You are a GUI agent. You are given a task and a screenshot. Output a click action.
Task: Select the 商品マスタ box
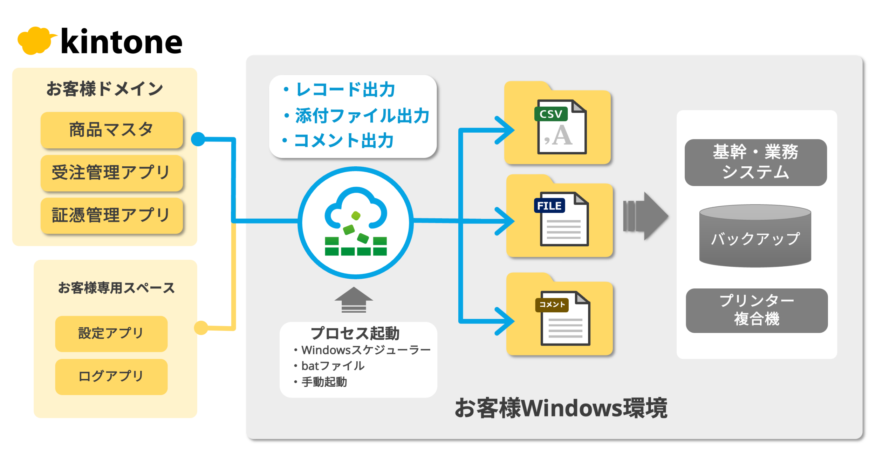111,130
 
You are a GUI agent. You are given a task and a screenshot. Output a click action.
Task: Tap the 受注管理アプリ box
111,173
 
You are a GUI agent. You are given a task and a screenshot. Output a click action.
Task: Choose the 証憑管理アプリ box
111,215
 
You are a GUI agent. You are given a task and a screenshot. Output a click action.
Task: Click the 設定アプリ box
111,333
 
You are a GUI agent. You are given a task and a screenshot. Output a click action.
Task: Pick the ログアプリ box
111,377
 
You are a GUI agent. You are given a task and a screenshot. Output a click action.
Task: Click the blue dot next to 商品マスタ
198,139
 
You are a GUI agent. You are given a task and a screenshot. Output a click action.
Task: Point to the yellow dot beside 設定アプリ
201,328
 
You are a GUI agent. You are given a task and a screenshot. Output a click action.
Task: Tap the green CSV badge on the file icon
550,114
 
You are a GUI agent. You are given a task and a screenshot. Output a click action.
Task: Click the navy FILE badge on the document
549,206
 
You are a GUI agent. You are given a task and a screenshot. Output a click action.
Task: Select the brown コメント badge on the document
552,305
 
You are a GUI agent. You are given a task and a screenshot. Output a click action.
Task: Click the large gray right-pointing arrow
645,216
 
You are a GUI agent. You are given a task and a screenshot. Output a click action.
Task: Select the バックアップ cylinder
755,236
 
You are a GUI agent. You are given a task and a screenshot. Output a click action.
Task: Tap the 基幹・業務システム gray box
755,162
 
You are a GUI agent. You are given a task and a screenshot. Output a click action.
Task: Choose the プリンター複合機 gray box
757,310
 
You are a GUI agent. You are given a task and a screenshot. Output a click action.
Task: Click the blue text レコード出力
345,90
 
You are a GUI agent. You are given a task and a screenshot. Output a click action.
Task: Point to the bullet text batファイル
333,366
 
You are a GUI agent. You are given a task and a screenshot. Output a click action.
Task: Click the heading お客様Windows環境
561,408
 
